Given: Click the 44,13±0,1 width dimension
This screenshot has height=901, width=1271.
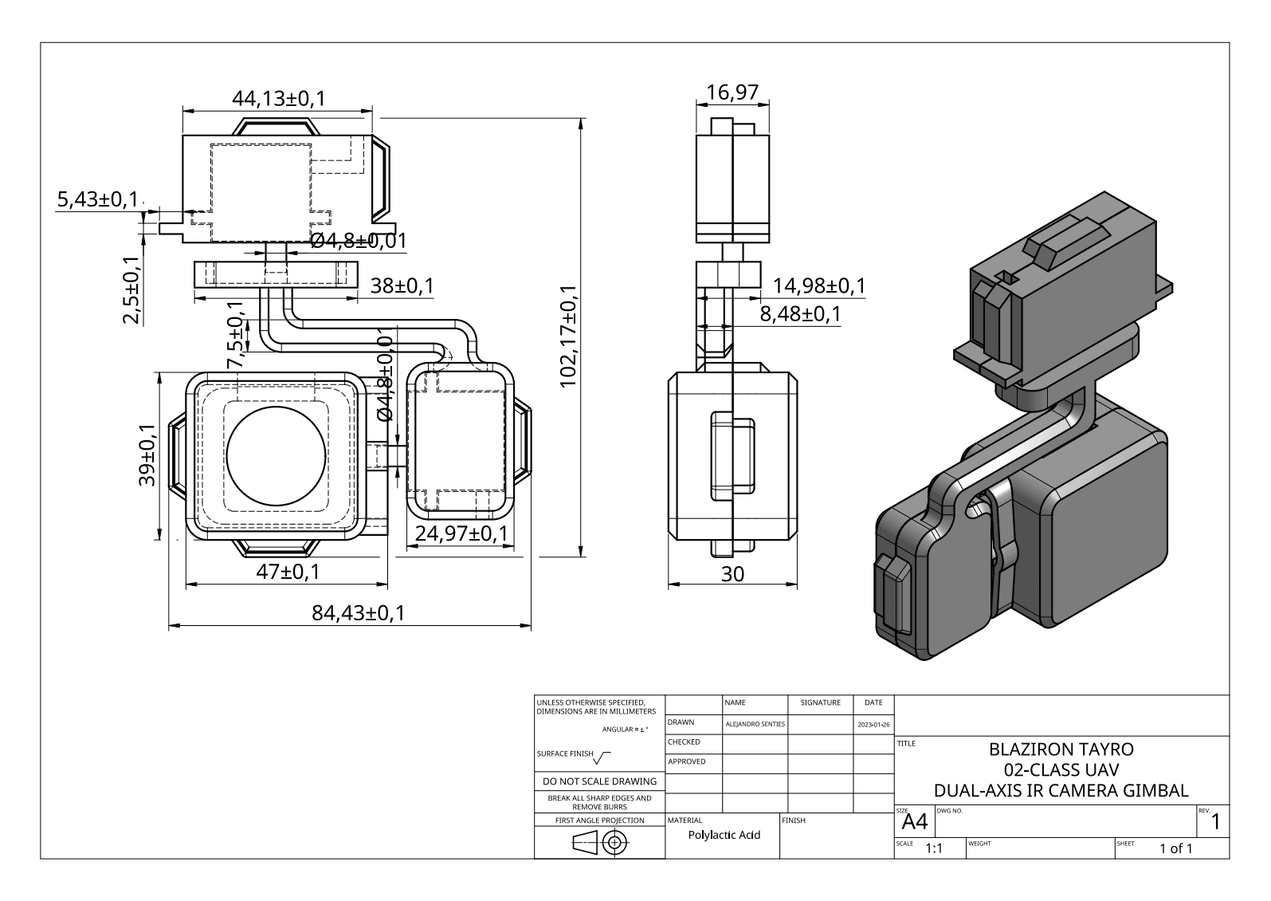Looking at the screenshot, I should pos(278,99).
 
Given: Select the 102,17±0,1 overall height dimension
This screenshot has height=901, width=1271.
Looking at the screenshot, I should pos(569,336).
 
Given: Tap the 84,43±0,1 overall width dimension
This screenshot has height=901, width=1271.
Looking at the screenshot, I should pos(358,613).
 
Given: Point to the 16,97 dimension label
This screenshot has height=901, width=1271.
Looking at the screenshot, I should pos(732,93).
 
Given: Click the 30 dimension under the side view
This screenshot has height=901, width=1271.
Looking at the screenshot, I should pos(732,574).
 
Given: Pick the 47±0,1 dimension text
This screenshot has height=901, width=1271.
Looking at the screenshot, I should pos(288,572).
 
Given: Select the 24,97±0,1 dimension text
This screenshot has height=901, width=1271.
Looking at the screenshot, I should pos(461,533).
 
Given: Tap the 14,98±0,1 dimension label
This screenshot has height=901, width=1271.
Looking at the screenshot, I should pos(819,285).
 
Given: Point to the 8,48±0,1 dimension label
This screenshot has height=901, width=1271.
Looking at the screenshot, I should pos(800,314).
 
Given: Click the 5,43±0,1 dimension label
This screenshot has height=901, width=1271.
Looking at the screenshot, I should pos(96,199).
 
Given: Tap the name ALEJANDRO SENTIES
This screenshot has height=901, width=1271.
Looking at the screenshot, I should pos(755,724).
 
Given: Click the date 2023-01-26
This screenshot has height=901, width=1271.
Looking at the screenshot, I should pos(873,725).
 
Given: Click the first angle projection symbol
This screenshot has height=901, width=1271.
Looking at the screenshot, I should pos(599,842).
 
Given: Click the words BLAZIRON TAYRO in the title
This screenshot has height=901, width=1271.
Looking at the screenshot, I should pos(1060,750).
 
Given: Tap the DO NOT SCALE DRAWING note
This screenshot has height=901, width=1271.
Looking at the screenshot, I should pos(599,781).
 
